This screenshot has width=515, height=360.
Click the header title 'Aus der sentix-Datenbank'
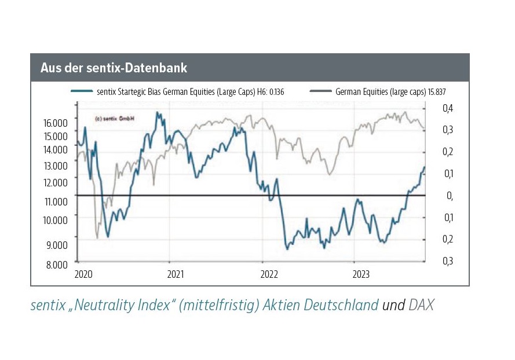tap(114, 68)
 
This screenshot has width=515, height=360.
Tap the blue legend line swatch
tap(81, 91)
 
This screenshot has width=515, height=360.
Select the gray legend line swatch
tap(320, 91)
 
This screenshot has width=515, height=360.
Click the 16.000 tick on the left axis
tap(56, 123)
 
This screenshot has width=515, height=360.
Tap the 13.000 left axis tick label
tap(56, 166)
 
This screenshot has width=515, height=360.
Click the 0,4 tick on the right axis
tap(448, 109)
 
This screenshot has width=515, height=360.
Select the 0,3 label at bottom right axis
tap(448, 261)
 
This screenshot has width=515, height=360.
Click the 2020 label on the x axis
tap(83, 273)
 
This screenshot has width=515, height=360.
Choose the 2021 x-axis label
tap(176, 273)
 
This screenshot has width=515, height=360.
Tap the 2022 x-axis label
tap(269, 273)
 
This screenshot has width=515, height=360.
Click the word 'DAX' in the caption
tap(421, 306)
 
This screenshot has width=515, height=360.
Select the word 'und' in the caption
tap(393, 306)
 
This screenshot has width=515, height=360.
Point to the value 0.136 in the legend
tap(275, 91)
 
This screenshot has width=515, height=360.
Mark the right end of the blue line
tap(424, 167)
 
